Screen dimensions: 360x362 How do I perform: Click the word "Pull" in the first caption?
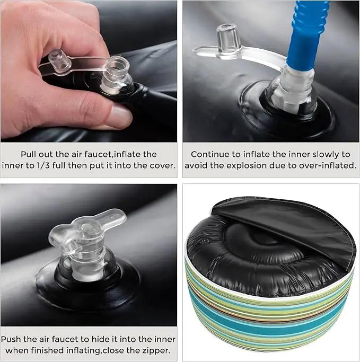(x=29, y=154)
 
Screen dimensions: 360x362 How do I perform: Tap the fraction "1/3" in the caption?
(x=43, y=165)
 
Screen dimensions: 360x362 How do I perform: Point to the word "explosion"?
(x=257, y=165)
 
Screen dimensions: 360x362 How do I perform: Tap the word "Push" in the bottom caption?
(x=11, y=339)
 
